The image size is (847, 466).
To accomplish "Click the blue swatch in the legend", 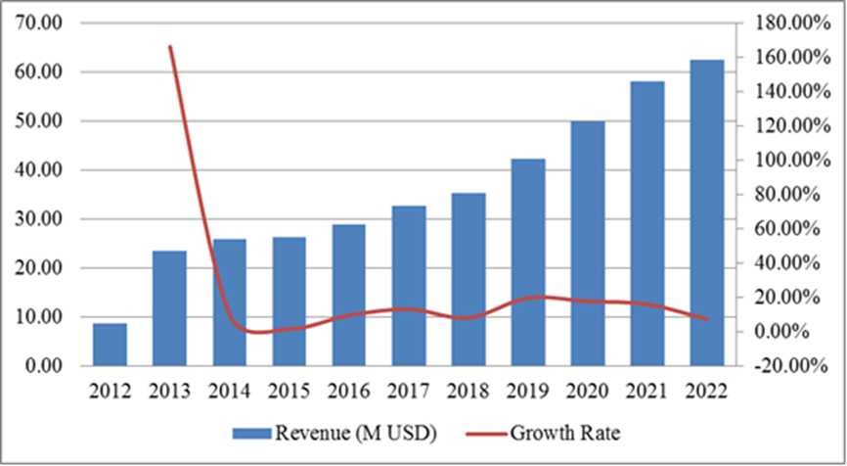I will coord(253,433).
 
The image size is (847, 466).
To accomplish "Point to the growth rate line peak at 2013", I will coord(169,46).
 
